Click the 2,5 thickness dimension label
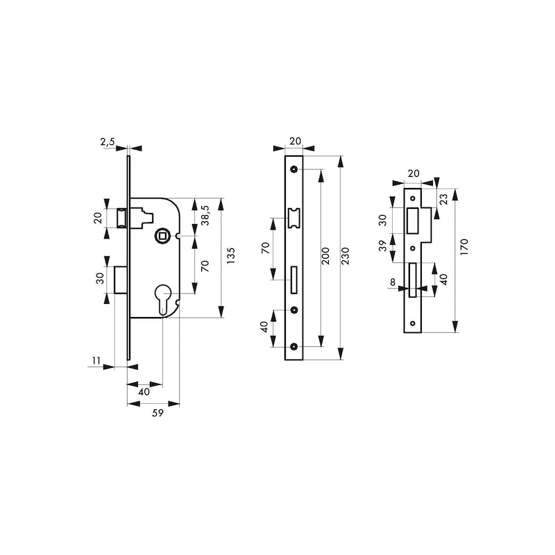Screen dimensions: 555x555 (x=108, y=142)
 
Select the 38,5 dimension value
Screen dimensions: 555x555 (x=205, y=215)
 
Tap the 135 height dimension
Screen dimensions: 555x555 (x=230, y=255)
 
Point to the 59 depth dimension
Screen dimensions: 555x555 (x=158, y=413)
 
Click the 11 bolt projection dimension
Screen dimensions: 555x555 (x=96, y=361)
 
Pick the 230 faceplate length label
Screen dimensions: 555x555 (x=345, y=256)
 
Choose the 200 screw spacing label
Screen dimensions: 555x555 (x=325, y=256)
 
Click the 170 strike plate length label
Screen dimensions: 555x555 (x=464, y=247)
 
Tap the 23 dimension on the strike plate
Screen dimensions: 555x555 (x=443, y=198)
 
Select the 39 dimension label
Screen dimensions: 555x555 (x=383, y=246)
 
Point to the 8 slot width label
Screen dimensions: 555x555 (x=393, y=282)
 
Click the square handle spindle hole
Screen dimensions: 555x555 (x=163, y=235)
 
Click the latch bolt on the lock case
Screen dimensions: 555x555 (x=122, y=218)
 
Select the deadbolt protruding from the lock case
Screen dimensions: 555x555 (x=121, y=280)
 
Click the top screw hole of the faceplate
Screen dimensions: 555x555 (x=293, y=169)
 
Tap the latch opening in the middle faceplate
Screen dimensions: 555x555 (x=294, y=218)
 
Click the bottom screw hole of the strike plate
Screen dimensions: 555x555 (x=412, y=323)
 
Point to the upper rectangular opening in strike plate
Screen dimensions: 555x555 (x=411, y=221)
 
